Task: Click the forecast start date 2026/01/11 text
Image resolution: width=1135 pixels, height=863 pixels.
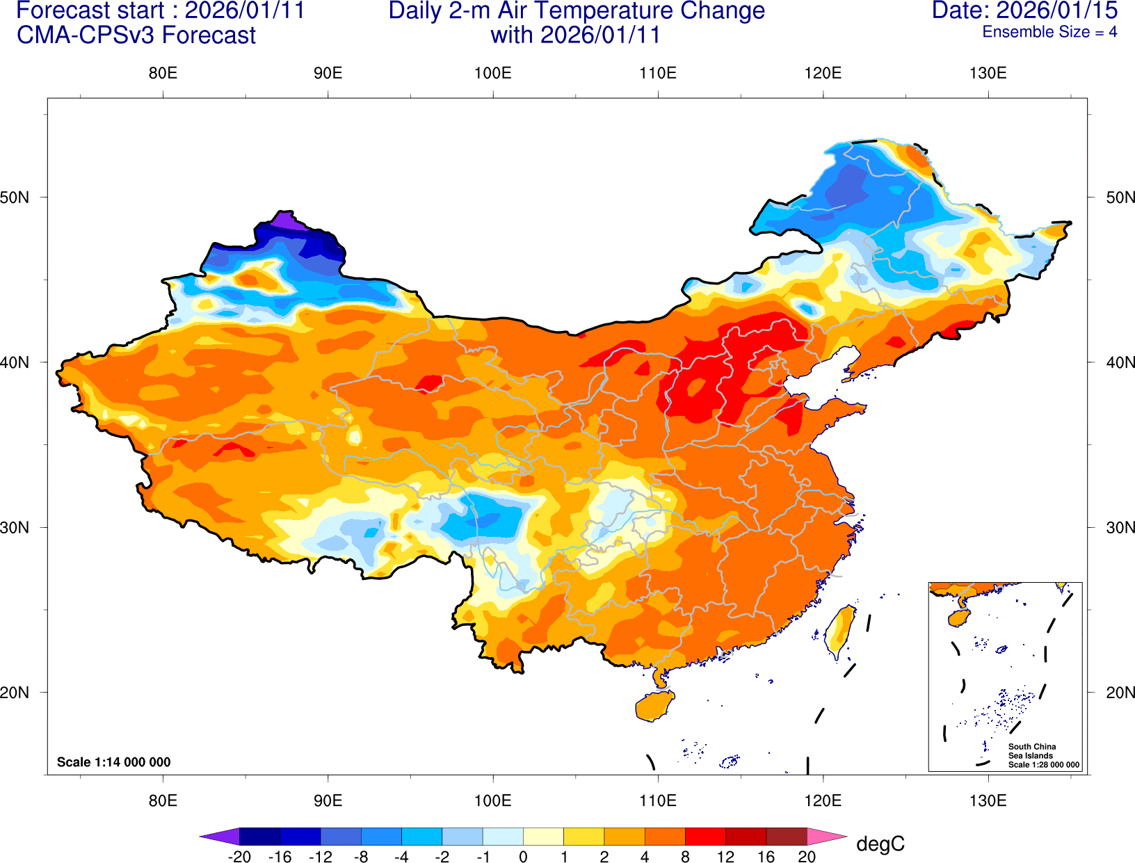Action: [244, 10]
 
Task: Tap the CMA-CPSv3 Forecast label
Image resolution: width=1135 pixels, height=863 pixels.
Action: [136, 35]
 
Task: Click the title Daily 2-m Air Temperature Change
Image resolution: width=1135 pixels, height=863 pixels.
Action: [577, 10]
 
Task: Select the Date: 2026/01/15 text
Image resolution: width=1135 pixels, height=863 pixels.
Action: [1024, 10]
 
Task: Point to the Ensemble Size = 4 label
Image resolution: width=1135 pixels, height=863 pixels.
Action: [1049, 32]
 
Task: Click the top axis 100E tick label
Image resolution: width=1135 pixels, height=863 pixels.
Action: [492, 73]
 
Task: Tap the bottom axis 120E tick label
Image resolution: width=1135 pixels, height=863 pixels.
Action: [823, 800]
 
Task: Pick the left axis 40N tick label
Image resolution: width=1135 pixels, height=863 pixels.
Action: [15, 362]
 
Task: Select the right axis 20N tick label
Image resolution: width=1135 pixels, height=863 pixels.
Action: [1120, 693]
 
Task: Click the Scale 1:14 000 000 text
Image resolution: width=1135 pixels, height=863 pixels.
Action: [114, 762]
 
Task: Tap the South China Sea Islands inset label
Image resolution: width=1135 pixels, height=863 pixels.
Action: [1032, 751]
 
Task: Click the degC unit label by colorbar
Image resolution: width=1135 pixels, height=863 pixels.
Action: [880, 844]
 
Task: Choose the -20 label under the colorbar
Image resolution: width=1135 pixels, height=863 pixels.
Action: [239, 857]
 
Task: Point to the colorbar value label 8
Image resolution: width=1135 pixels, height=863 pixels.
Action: [685, 857]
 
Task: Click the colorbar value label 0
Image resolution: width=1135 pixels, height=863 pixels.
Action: [523, 857]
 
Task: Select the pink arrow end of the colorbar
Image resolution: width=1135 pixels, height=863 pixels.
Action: [826, 837]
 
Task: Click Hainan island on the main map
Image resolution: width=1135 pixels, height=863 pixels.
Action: [654, 707]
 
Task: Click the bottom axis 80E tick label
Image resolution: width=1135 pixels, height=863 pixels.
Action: [163, 800]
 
